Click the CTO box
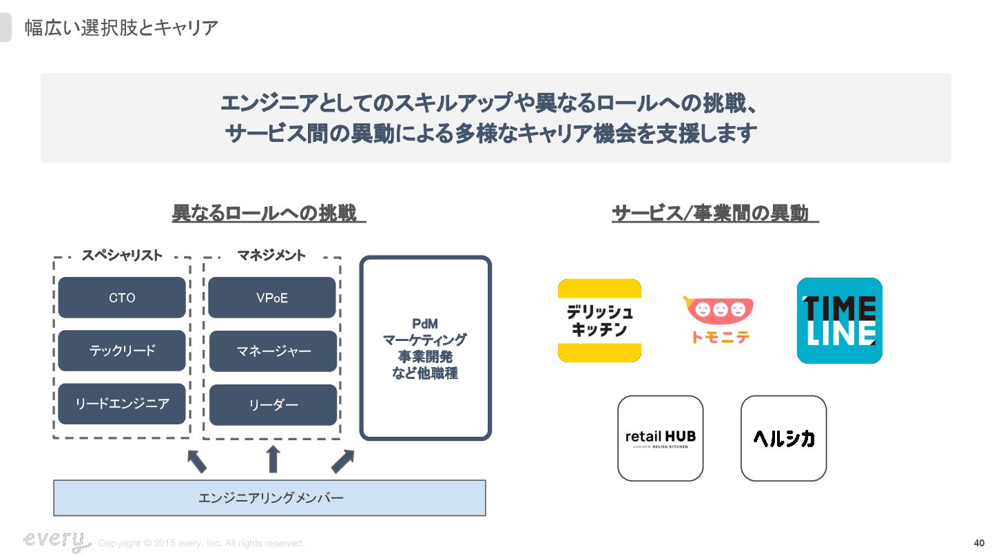click(122, 298)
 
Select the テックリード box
click(122, 351)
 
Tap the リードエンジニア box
click(122, 404)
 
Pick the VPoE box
click(272, 298)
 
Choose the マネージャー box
click(273, 351)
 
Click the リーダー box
click(273, 405)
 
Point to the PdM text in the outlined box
click(425, 324)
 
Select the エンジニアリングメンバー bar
click(269, 498)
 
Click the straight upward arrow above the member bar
click(273, 459)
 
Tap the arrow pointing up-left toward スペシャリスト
click(197, 460)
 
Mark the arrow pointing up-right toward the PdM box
click(342, 461)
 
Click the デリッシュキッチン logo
click(599, 320)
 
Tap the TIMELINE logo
click(839, 320)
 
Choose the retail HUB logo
click(660, 438)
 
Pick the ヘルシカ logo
click(783, 438)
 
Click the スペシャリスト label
click(122, 256)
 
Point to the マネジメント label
click(271, 256)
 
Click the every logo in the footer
click(56, 541)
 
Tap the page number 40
click(978, 543)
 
